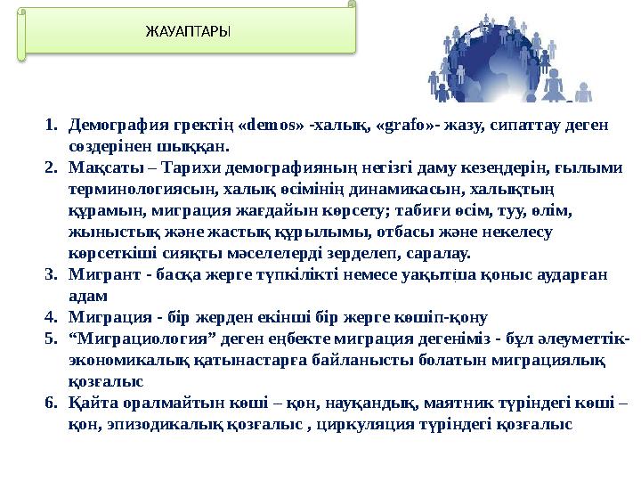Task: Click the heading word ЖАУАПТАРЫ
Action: coord(187,32)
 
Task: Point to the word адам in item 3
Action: coord(87,295)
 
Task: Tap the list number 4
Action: coord(51,316)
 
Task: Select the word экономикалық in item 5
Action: coord(125,359)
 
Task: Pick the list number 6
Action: coord(51,404)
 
